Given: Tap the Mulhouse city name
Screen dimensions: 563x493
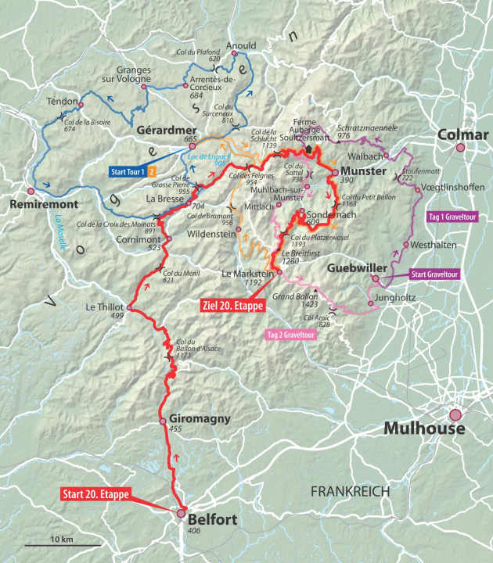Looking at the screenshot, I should [x=424, y=429].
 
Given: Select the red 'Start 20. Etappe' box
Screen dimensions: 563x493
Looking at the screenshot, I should [x=94, y=493].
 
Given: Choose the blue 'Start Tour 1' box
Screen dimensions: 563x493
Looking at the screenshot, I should [x=131, y=169].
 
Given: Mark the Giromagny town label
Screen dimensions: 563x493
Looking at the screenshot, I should [x=200, y=419].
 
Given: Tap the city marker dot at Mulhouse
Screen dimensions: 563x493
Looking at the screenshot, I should [x=455, y=415].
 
